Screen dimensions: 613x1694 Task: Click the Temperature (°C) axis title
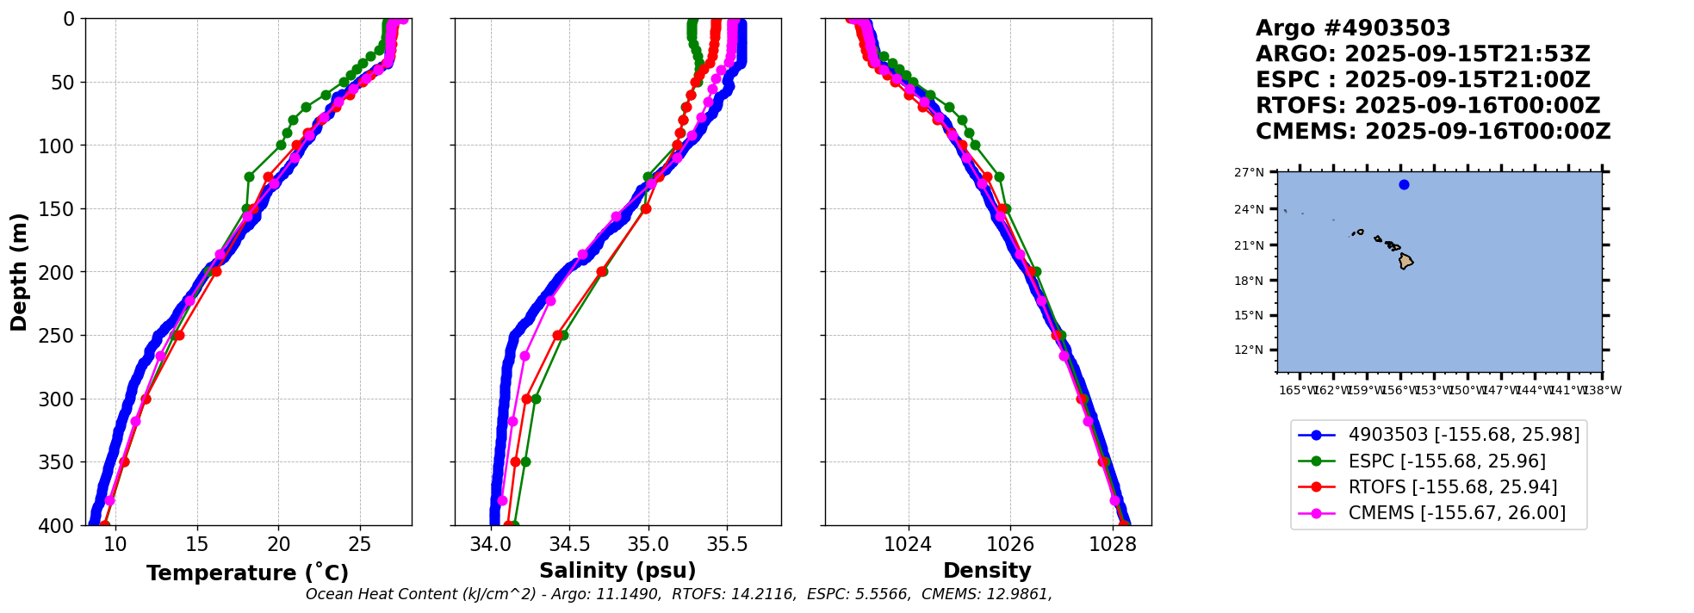[247, 573]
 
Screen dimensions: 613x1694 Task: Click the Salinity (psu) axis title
[617, 571]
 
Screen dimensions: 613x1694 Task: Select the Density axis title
[987, 571]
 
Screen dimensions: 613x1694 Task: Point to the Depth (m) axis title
[19, 272]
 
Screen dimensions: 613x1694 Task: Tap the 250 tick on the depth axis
[62, 336]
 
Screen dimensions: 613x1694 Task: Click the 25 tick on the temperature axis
[360, 544]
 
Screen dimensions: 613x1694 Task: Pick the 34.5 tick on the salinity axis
[569, 544]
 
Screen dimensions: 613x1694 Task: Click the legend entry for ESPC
[1447, 461]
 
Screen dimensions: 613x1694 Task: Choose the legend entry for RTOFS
[1452, 487]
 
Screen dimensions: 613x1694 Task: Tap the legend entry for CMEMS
[1456, 513]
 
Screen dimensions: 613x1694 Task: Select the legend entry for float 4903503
[1464, 435]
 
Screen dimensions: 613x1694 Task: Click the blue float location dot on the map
[1404, 184]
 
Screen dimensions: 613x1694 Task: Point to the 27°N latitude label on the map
[1249, 172]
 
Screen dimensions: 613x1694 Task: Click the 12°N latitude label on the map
[1249, 350]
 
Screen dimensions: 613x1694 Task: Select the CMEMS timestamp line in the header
[1432, 132]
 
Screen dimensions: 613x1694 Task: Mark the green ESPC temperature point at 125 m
[249, 176]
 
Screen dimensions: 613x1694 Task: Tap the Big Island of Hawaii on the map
[1405, 261]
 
